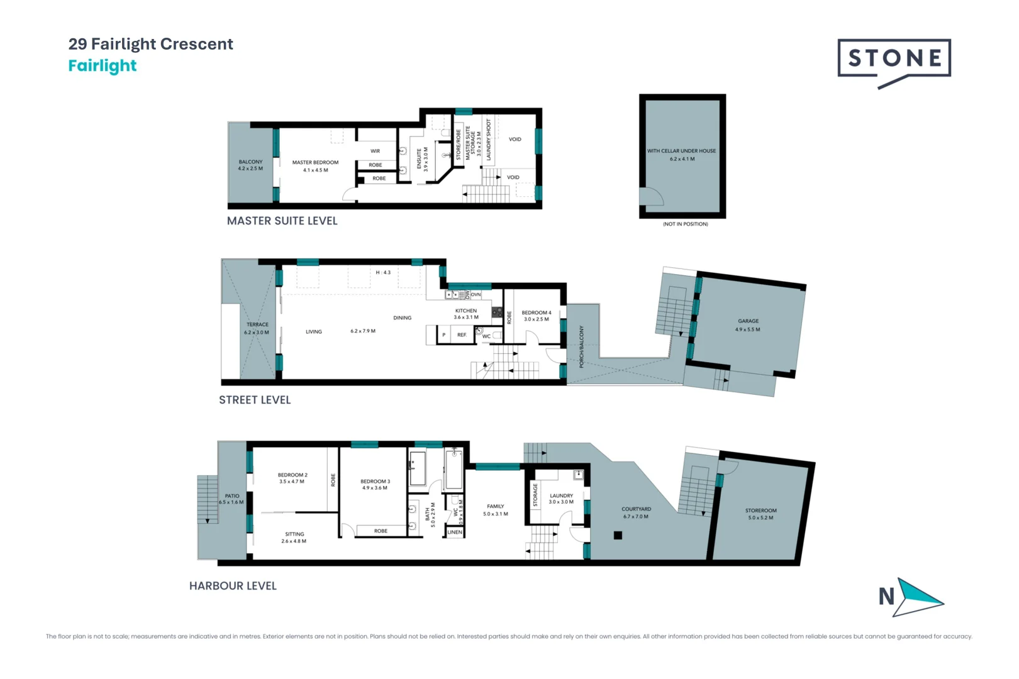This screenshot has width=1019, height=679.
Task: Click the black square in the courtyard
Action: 618,536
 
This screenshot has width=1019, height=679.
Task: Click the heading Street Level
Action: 255,400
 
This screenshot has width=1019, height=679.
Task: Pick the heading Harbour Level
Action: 233,586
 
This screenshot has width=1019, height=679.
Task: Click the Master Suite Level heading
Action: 282,221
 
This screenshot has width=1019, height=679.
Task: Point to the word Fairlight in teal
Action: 103,65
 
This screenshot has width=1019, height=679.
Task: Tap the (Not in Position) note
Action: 685,224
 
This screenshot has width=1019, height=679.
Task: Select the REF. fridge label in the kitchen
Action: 462,335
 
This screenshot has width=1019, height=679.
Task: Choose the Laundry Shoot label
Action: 489,140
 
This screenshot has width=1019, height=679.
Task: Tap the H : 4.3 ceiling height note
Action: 383,272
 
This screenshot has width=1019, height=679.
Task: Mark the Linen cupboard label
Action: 454,533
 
